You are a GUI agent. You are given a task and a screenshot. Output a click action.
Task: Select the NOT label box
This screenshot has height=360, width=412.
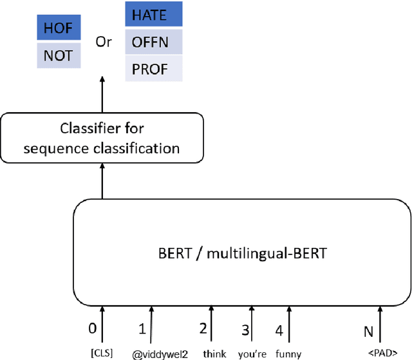(59, 56)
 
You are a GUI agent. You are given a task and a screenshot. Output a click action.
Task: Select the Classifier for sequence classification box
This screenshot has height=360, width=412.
(101, 138)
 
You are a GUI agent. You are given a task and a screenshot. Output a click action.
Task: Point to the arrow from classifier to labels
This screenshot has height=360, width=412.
(102, 97)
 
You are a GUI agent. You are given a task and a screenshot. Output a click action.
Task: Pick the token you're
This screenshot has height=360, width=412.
(252, 353)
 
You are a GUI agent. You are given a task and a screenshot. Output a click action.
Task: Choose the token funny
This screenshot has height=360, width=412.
(288, 353)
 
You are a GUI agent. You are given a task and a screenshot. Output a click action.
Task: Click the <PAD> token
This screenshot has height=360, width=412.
(380, 353)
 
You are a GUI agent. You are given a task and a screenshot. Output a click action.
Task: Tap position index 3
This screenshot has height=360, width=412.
(245, 330)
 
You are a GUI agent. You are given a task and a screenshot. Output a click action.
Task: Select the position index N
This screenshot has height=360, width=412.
(368, 332)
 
